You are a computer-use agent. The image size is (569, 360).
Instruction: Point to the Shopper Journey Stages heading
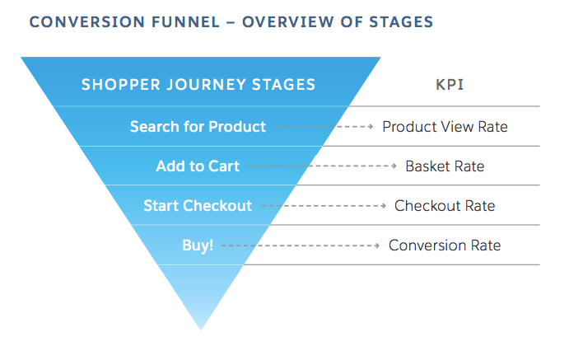coord(198,84)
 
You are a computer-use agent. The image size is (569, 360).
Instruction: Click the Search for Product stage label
coord(198,127)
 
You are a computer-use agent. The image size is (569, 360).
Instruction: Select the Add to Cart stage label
coord(198,166)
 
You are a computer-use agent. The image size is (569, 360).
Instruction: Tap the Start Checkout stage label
coord(198,206)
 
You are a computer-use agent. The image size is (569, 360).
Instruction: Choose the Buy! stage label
coord(198,245)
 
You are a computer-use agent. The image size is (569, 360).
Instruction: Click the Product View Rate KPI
coord(445,127)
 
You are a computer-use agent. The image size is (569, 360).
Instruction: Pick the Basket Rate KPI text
coord(445,166)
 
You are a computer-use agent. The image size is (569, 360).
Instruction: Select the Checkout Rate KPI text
coord(445,206)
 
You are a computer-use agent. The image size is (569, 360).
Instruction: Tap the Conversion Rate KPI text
coord(445,245)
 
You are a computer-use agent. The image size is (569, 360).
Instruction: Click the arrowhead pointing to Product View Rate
coord(371,127)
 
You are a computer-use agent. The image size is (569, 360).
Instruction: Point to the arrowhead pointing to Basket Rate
coord(394,166)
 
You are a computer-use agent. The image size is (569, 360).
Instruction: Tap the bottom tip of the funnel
coord(201,328)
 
